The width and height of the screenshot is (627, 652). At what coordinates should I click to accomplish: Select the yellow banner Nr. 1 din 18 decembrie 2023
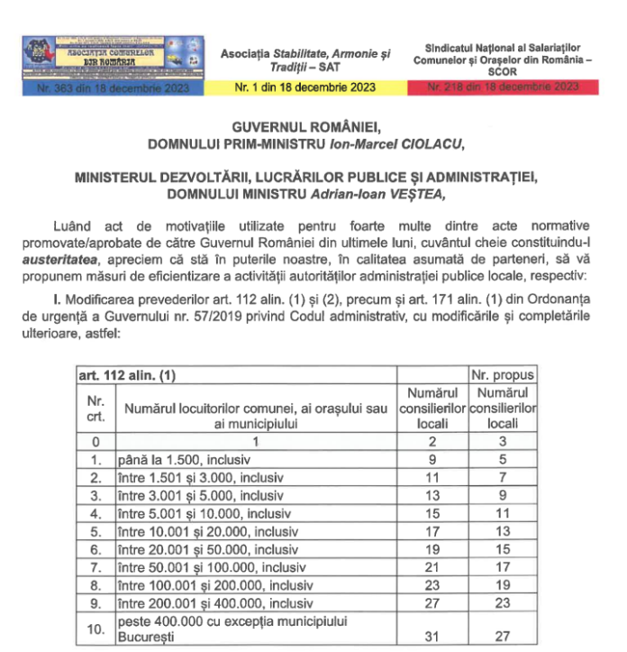[x=306, y=87]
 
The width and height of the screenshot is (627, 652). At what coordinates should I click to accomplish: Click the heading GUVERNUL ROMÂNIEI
[x=313, y=128]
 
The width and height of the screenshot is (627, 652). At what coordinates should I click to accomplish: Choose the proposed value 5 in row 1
[x=504, y=461]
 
